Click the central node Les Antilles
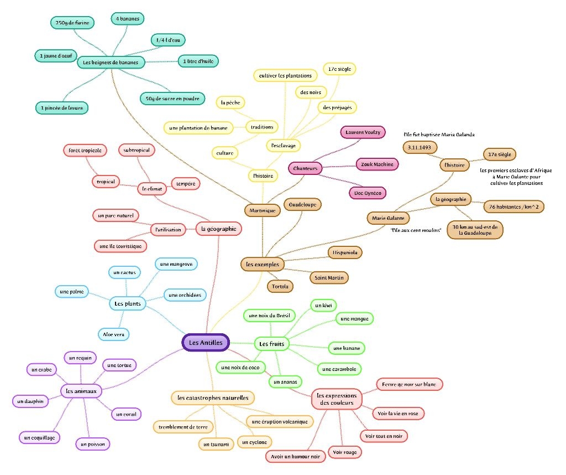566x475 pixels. point(206,343)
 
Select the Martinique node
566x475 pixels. point(262,210)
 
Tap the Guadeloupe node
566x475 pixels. point(302,204)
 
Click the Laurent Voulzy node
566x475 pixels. point(363,133)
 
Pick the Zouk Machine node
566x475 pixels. point(377,164)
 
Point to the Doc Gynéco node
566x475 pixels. point(367,193)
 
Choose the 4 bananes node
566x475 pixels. point(128,19)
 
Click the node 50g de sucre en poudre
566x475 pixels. point(172,99)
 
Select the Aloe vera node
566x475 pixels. point(113,334)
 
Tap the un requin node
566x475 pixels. point(80,358)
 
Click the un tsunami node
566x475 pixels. point(216,444)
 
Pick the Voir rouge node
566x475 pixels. point(344,452)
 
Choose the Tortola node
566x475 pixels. point(280,286)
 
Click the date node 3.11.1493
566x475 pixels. point(420,148)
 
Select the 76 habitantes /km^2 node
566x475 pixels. point(513,206)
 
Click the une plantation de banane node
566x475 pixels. point(198,128)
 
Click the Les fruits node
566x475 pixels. point(271,344)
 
